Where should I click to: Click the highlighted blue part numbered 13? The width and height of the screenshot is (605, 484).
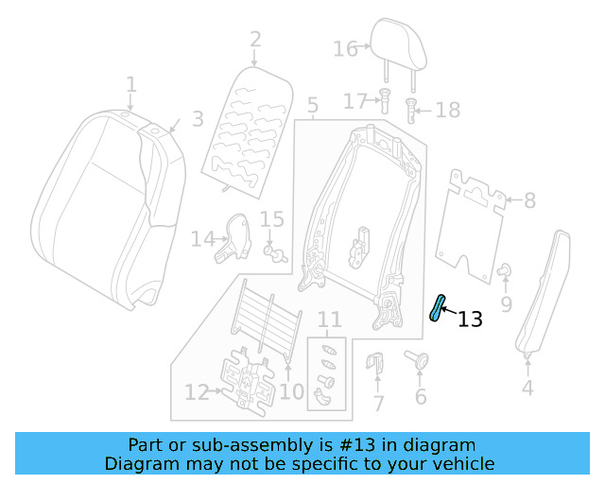coord(438,308)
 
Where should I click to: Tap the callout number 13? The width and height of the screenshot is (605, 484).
coord(470,320)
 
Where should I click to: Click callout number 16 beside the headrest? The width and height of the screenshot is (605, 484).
coord(345,48)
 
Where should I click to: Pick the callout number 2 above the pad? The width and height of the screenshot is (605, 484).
coord(255,40)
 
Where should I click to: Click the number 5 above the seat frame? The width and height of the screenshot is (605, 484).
coord(313,105)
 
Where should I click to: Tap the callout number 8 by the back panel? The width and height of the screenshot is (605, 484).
coord(529,200)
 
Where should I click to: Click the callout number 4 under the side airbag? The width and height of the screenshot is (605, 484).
coord(527,387)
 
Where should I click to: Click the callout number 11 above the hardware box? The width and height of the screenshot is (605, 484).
coord(328,320)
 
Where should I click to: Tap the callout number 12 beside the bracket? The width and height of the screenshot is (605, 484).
coord(196,390)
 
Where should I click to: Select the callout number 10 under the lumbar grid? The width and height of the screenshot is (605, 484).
coord(292,390)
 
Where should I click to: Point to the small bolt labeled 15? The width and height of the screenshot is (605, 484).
coord(275,252)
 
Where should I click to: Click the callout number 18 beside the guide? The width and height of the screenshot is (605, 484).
coord(447,111)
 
